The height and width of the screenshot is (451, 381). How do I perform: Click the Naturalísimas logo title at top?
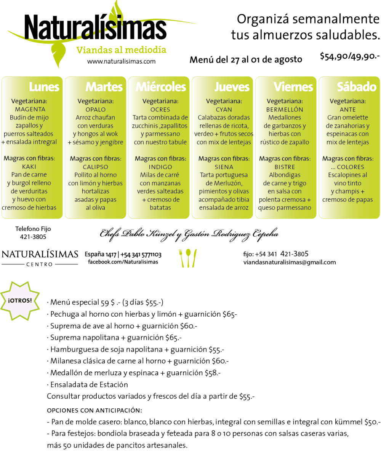(x=95, y=27)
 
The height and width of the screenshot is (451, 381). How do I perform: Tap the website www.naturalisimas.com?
(x=121, y=61)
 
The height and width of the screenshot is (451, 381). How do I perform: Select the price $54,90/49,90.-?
(x=350, y=56)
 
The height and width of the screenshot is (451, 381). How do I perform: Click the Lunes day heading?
(x=44, y=86)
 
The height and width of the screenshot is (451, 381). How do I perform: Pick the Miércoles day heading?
(x=161, y=86)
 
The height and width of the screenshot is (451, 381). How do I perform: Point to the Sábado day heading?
(x=357, y=86)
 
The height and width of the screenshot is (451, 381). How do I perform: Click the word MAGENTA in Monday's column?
(x=30, y=109)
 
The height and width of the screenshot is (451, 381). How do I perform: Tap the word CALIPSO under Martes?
(x=95, y=167)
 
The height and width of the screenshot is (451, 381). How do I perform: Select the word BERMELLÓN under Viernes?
(x=285, y=109)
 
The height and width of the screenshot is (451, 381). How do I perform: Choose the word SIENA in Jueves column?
(x=224, y=167)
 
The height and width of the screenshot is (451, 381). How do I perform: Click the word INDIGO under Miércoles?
(x=160, y=167)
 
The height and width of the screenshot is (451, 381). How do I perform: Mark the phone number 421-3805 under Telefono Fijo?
(x=33, y=237)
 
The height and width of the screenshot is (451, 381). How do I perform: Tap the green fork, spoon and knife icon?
(x=188, y=258)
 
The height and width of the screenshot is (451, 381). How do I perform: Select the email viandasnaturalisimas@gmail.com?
(x=290, y=262)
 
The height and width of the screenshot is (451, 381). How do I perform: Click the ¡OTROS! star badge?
(x=19, y=301)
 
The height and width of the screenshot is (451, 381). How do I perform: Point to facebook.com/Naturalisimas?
(x=123, y=262)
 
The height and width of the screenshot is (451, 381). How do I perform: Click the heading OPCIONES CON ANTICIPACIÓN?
(x=94, y=410)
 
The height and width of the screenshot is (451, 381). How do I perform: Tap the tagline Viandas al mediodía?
(x=121, y=50)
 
